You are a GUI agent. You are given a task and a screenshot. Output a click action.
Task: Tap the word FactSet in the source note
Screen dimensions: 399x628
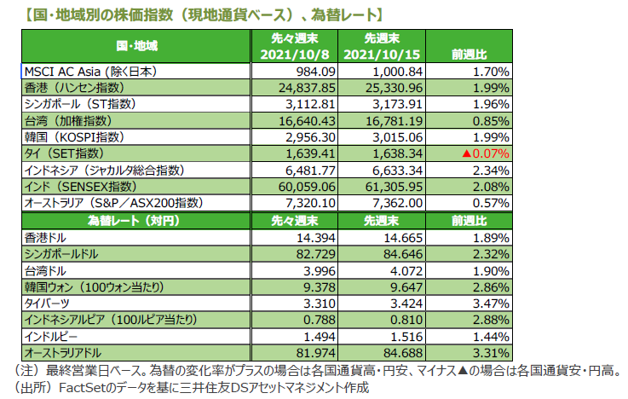[x=82, y=388]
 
